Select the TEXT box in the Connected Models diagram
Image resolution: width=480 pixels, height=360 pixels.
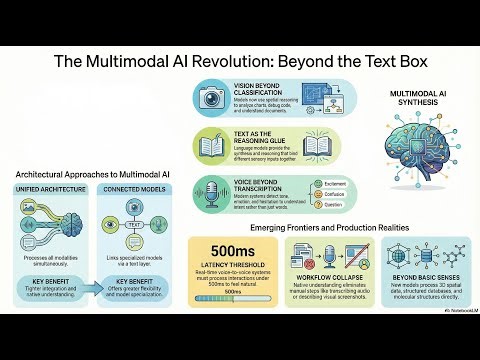(x=134, y=224)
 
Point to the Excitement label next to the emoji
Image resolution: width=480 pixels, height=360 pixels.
(x=311, y=183)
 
